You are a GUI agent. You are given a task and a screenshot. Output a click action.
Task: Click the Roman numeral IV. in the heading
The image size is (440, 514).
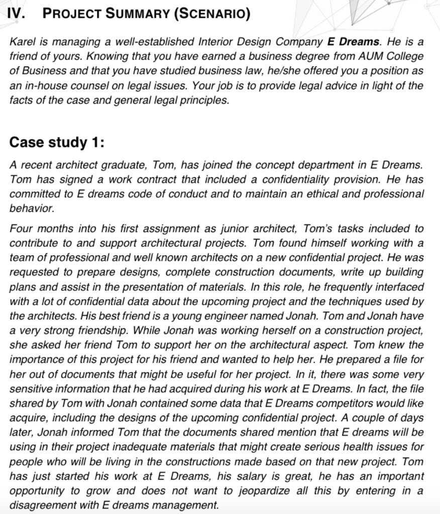[17, 14]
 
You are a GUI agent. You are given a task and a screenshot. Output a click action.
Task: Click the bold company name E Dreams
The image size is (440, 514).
[353, 42]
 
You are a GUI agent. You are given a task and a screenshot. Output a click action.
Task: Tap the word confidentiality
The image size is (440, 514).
[282, 179]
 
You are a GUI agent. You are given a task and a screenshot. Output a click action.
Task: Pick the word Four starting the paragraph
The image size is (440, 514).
[22, 229]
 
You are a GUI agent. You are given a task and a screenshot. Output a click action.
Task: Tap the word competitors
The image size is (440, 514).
[353, 404]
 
